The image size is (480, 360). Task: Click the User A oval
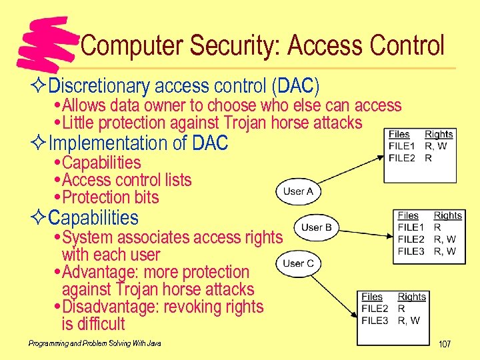(298, 191)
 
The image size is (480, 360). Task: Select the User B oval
(316, 227)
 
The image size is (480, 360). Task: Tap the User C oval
(298, 263)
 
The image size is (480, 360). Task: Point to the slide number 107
(444, 344)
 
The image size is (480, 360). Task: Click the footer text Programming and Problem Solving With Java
(95, 343)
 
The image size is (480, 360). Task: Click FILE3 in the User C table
(375, 321)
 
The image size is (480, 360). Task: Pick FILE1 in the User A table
(401, 146)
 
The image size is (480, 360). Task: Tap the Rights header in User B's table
(447, 215)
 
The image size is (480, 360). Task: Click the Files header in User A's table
(399, 134)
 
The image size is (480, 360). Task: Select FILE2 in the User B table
(411, 239)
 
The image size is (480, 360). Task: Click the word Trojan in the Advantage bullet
(139, 289)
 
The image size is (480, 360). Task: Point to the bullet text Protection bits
(110, 197)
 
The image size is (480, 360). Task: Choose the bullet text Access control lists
(126, 180)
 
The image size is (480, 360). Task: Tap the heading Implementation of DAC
(139, 143)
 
